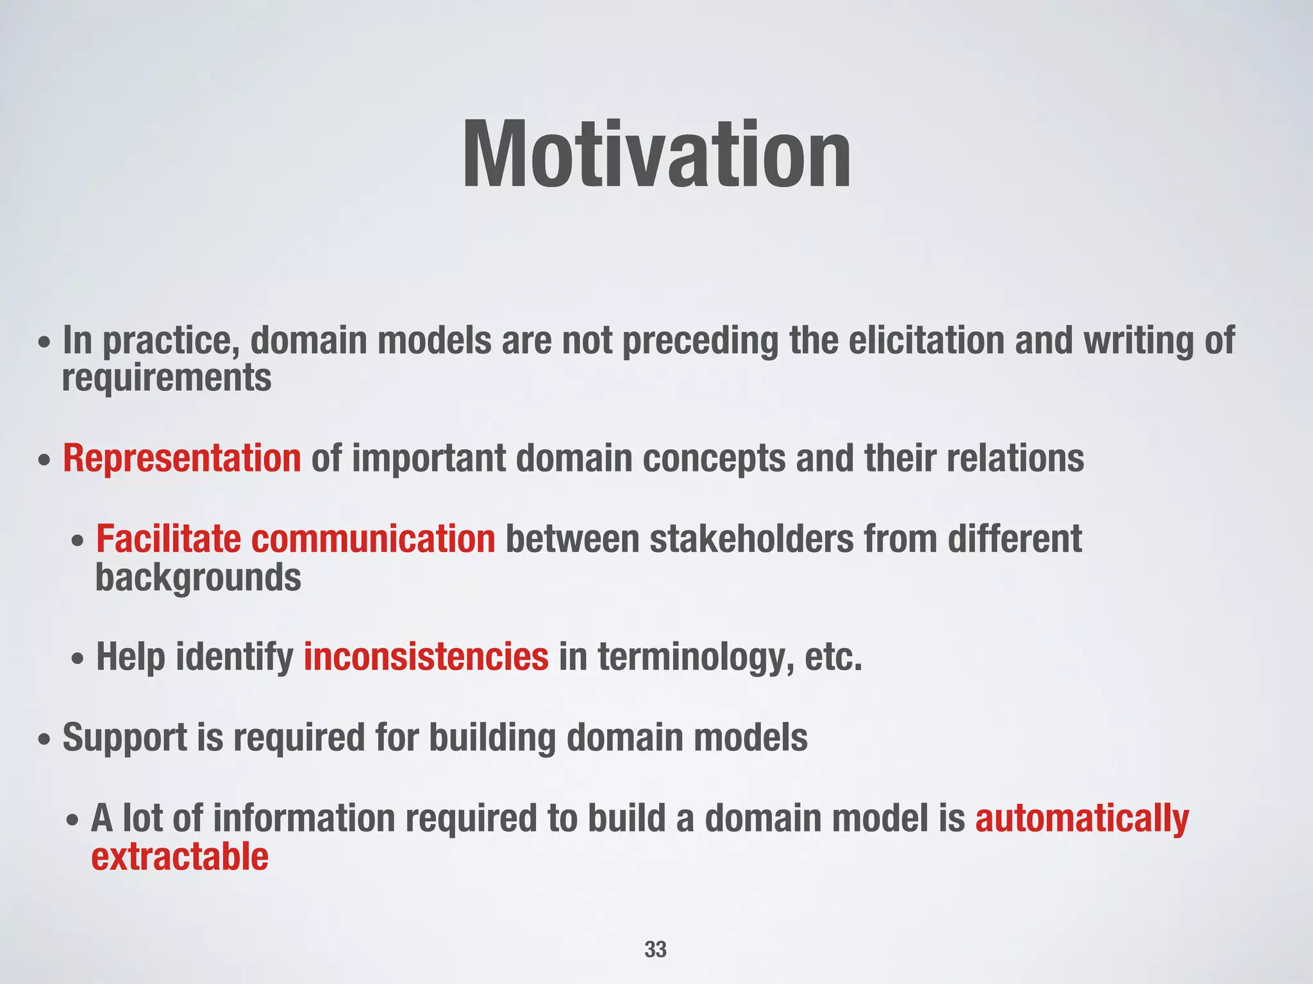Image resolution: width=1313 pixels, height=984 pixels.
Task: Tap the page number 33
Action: point(655,949)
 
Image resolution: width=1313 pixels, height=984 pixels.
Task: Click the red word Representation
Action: point(181,459)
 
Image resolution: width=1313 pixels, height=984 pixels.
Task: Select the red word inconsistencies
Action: point(426,657)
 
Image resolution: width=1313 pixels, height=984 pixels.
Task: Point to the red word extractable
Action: point(180,857)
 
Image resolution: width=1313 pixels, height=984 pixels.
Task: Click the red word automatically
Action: point(1082,819)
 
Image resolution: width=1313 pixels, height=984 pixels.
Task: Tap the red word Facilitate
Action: point(168,539)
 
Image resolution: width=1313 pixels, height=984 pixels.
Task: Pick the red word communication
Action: point(373,539)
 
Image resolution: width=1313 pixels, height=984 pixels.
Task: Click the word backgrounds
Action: point(198,578)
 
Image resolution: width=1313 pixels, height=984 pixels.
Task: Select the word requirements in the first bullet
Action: point(167,378)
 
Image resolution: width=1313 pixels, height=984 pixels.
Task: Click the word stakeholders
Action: point(751,539)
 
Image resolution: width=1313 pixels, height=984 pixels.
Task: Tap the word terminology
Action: point(696,659)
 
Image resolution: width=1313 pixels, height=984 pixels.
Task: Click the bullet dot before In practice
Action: point(44,342)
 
